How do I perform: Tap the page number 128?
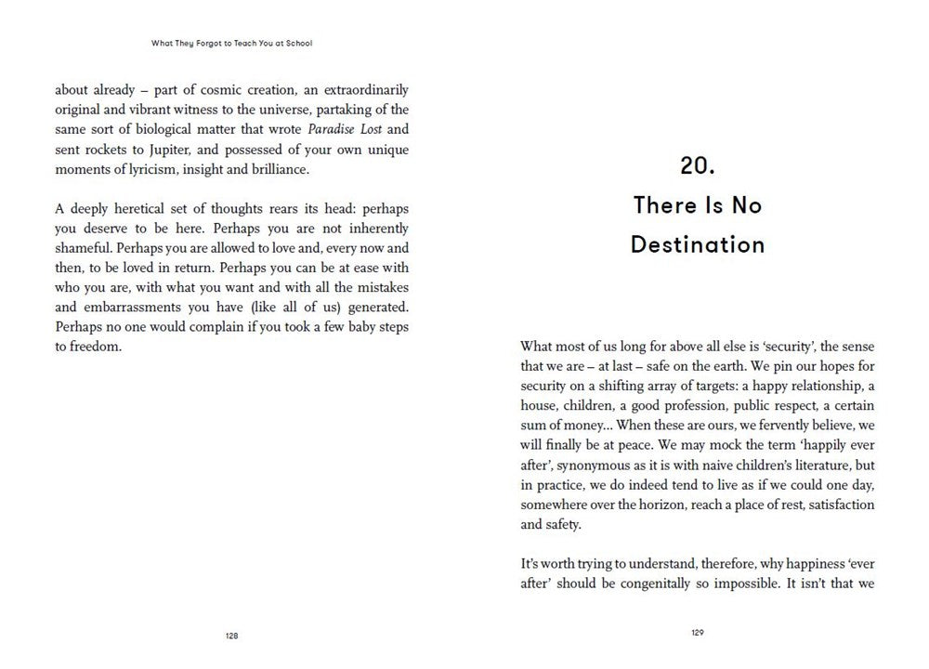pyautogui.click(x=231, y=636)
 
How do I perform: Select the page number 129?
pyautogui.click(x=698, y=633)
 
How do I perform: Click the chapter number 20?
pyautogui.click(x=697, y=166)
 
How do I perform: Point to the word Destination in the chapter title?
pyautogui.click(x=698, y=244)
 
